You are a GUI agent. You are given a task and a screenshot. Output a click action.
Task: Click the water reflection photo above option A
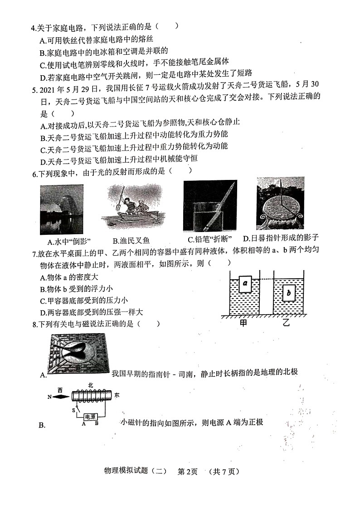click(x=61, y=208)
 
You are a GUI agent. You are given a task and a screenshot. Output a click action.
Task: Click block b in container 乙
click(x=289, y=294)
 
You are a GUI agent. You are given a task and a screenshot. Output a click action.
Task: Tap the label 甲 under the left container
click(x=244, y=323)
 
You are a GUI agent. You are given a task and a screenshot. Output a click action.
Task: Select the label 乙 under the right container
click(x=287, y=323)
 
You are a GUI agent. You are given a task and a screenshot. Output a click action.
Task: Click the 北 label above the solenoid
click(x=91, y=385)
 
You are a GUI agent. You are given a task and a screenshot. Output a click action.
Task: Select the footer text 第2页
click(x=187, y=471)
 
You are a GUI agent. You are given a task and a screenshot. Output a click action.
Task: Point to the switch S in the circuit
click(x=73, y=411)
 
